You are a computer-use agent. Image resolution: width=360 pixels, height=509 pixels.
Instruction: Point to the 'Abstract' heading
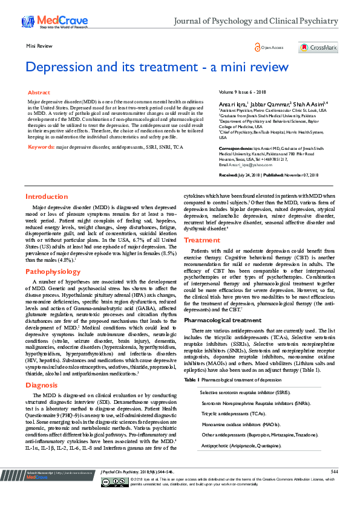tap(39, 92)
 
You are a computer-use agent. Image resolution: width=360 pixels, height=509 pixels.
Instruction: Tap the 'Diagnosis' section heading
tap(42, 351)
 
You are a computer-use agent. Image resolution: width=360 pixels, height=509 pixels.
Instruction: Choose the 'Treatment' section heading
tap(202, 240)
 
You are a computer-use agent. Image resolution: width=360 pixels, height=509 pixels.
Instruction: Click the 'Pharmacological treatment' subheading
tap(223, 320)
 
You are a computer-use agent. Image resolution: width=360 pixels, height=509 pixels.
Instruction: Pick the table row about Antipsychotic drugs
tap(241, 445)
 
